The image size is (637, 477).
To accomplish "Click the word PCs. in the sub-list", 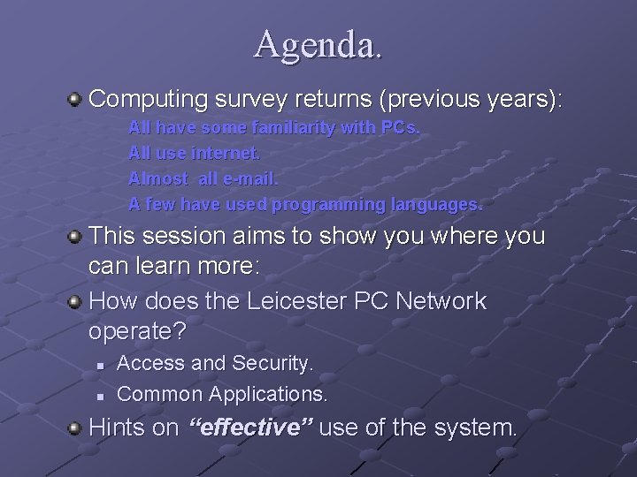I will click(402, 128).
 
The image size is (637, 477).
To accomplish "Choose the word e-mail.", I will click(250, 179).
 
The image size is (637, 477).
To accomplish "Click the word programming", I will click(328, 205).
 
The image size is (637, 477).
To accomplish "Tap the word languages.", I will click(436, 205).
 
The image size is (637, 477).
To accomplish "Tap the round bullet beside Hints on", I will click(77, 429).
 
